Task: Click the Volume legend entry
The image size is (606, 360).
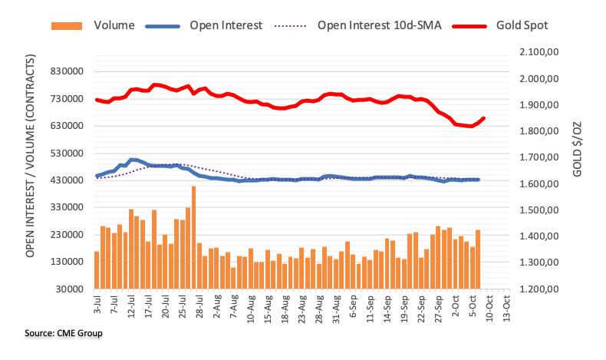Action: pyautogui.click(x=114, y=25)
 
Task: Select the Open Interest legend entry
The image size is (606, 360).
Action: pyautogui.click(x=226, y=25)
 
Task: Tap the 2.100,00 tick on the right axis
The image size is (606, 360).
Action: pyautogui.click(x=541, y=52)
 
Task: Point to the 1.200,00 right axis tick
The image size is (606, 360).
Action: pyautogui.click(x=541, y=289)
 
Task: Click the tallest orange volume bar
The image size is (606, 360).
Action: pyautogui.click(x=194, y=237)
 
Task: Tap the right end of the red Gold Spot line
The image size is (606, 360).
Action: pyautogui.click(x=484, y=118)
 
